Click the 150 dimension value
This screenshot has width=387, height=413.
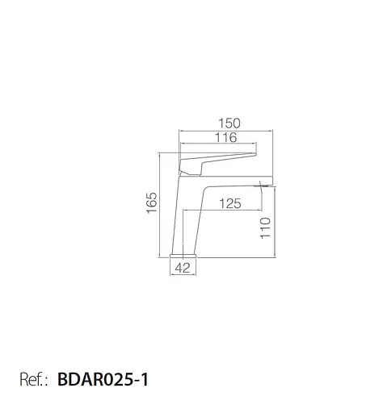click(229, 123)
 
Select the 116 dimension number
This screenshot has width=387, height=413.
click(225, 137)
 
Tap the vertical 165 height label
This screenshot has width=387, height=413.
click(152, 202)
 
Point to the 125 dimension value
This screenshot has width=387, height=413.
click(230, 203)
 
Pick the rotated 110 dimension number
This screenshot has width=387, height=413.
click(265, 228)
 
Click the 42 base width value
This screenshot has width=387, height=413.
click(183, 268)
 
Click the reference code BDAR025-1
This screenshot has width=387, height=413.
click(103, 379)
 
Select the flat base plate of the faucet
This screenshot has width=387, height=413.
click(183, 256)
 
